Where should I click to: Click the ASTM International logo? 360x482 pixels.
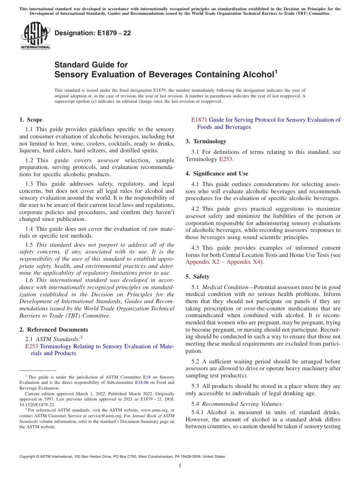coord(35,36)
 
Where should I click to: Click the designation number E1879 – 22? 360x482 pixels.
coord(93,33)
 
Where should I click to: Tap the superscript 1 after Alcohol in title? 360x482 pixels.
coord(276,71)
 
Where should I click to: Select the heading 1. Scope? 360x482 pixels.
coord(31,120)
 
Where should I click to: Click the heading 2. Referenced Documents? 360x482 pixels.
coord(54,330)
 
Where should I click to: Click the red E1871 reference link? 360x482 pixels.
coord(199,120)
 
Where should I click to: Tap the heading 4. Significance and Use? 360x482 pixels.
coord(217,174)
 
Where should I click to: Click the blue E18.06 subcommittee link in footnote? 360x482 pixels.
coord(141,383)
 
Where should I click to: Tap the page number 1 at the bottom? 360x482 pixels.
coord(180,466)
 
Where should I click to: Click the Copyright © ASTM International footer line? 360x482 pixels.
coord(122,457)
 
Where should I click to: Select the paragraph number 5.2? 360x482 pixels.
coord(196,361)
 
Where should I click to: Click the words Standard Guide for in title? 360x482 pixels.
coord(91,64)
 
